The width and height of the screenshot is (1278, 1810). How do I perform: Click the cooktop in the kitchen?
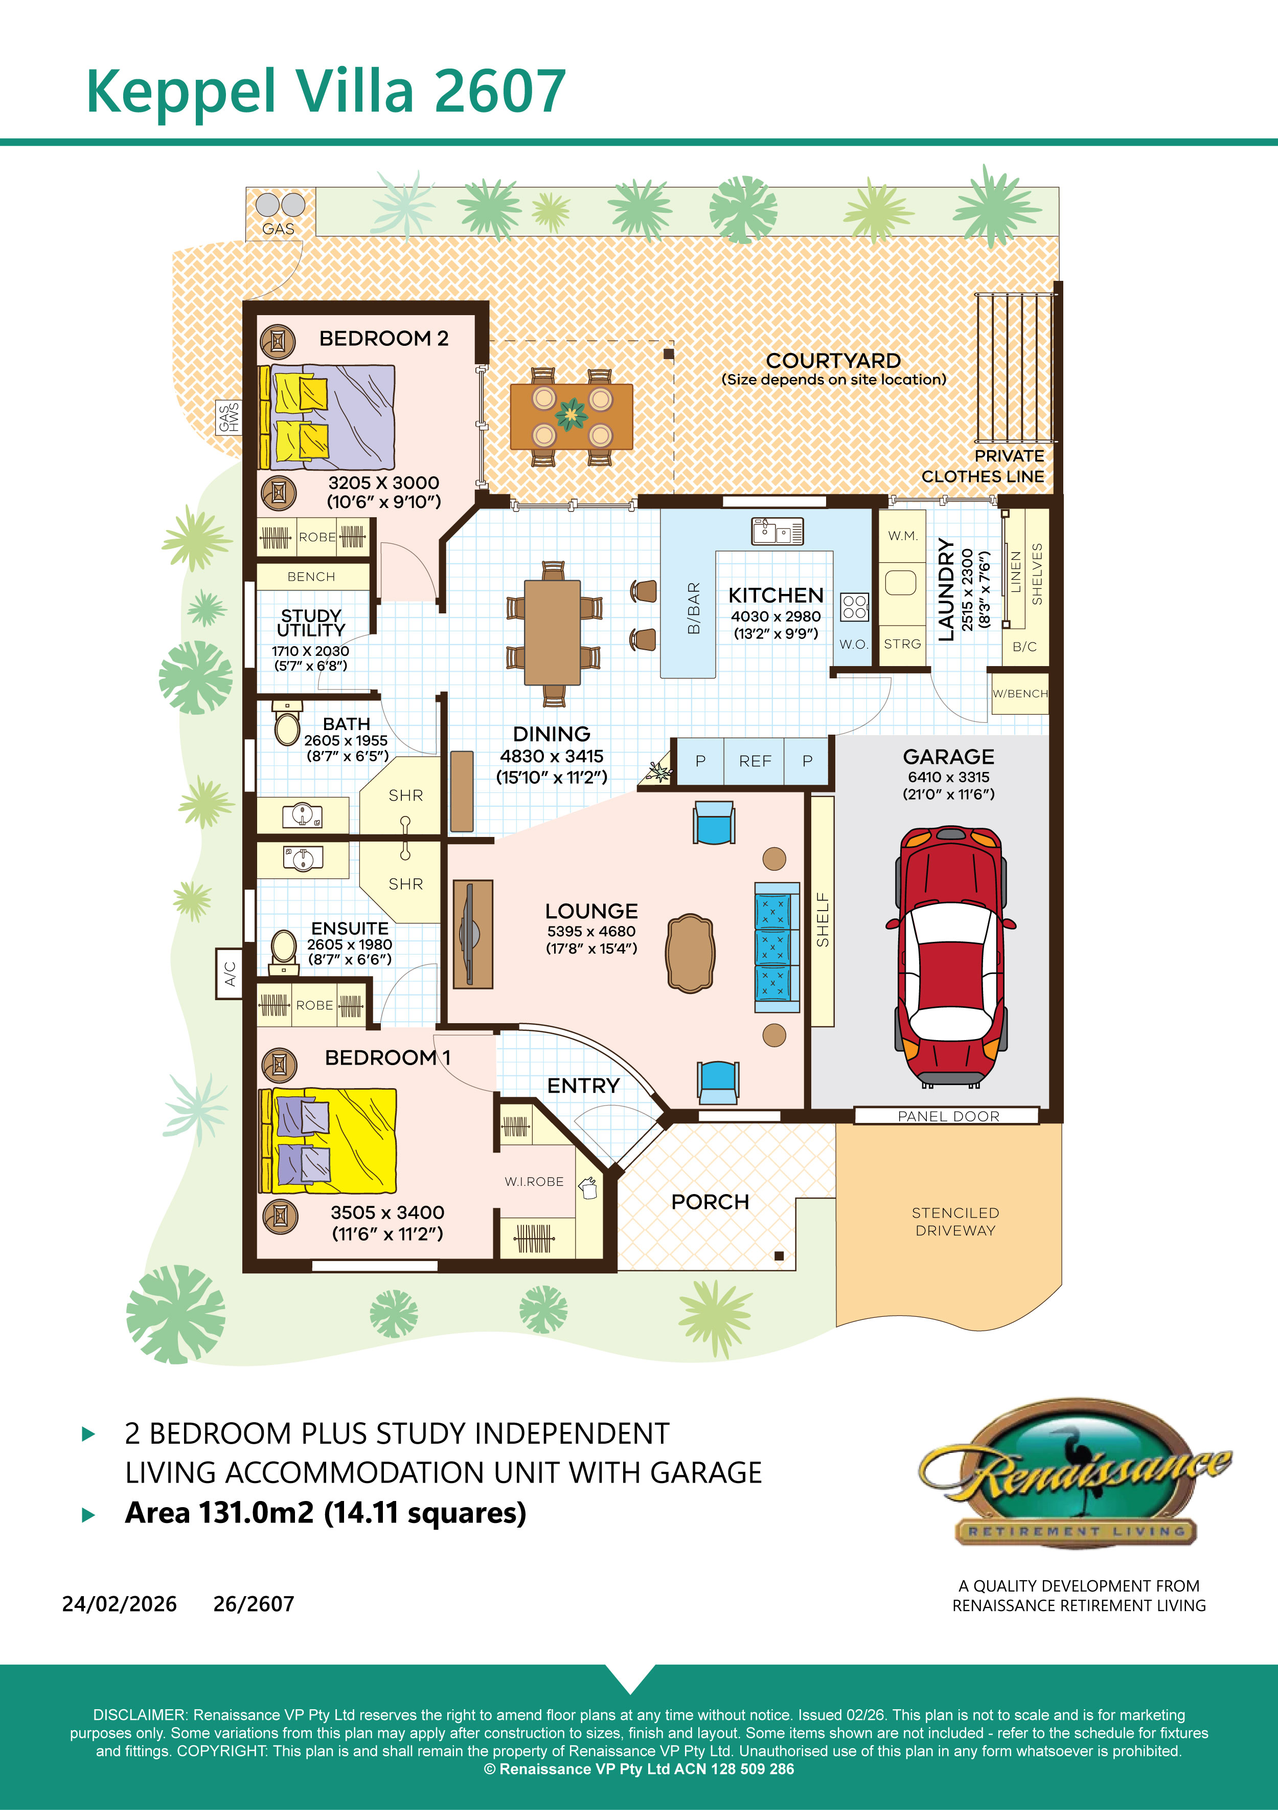point(855,606)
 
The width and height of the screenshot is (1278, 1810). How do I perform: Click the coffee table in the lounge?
point(690,953)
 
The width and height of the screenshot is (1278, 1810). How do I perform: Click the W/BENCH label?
point(1020,694)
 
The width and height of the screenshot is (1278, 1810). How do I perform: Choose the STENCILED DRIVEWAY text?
point(955,1221)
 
